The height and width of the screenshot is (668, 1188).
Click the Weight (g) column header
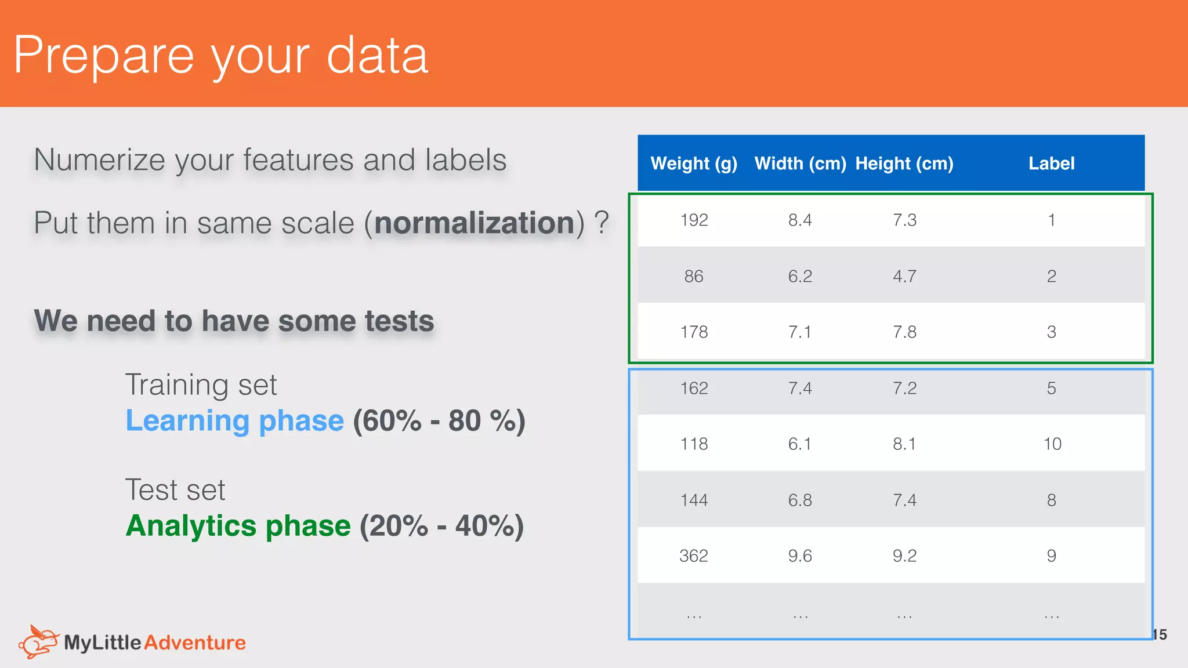(694, 164)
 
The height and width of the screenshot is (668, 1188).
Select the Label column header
(1051, 164)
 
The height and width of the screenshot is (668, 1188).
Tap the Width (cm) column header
(800, 164)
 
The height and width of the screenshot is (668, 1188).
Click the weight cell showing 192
(694, 220)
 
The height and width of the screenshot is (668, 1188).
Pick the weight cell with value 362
(694, 556)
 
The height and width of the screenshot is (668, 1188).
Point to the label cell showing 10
(1052, 444)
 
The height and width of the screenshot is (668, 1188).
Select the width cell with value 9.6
(800, 556)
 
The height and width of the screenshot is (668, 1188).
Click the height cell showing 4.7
(904, 277)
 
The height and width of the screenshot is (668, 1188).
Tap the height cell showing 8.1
(904, 444)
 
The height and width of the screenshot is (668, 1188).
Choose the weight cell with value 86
(694, 277)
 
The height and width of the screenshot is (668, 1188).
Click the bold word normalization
(475, 223)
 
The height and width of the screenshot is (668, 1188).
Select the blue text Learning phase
(235, 421)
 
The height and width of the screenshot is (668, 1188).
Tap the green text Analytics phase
(238, 526)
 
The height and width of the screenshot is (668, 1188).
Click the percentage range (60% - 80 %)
(439, 421)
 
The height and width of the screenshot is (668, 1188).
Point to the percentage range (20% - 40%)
(441, 526)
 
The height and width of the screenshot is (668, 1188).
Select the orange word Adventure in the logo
(195, 642)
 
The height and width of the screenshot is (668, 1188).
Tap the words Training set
(201, 385)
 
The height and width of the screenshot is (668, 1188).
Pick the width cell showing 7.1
(800, 332)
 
